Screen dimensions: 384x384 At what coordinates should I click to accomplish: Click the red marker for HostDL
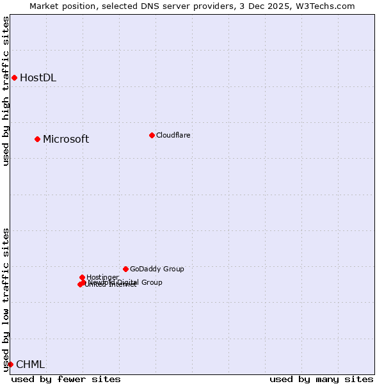click(14, 78)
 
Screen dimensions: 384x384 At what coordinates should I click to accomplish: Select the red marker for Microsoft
click(37, 139)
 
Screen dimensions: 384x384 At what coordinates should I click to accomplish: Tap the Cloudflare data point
click(152, 135)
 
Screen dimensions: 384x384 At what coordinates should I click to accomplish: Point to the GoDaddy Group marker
click(125, 269)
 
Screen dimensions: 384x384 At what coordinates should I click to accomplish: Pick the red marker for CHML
click(10, 364)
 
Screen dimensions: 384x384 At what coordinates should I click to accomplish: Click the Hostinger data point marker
click(82, 277)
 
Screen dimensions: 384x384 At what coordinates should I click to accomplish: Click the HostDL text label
click(38, 78)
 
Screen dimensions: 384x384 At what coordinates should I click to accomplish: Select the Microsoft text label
click(66, 140)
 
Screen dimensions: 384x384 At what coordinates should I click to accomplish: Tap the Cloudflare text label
click(173, 135)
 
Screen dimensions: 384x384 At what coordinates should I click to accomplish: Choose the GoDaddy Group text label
click(157, 269)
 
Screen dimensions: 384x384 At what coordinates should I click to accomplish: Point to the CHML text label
click(30, 365)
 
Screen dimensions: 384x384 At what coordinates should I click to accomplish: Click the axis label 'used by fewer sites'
click(66, 379)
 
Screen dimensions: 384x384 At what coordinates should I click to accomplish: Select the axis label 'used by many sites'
click(321, 379)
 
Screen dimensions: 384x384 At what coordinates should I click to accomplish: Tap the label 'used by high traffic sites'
click(6, 91)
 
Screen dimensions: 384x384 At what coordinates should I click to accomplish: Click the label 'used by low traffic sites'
click(6, 300)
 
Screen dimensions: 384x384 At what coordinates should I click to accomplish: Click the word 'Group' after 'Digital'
click(151, 282)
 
